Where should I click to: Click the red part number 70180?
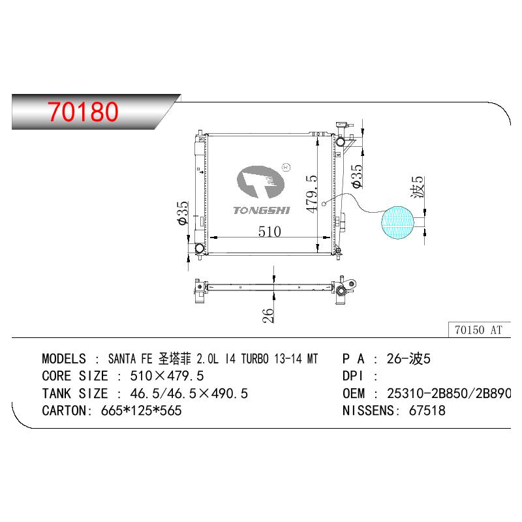pos(83,112)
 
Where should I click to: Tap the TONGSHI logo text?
pos(262,210)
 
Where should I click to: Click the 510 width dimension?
pos(269,232)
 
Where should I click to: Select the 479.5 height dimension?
pos(312,194)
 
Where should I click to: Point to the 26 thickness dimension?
pos(268,315)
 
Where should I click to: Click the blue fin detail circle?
pos(397,223)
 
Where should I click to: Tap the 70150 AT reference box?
pos(479,330)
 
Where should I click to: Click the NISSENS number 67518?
pos(427,410)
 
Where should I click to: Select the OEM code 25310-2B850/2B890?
pos(449,393)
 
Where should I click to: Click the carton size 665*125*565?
pos(141,410)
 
